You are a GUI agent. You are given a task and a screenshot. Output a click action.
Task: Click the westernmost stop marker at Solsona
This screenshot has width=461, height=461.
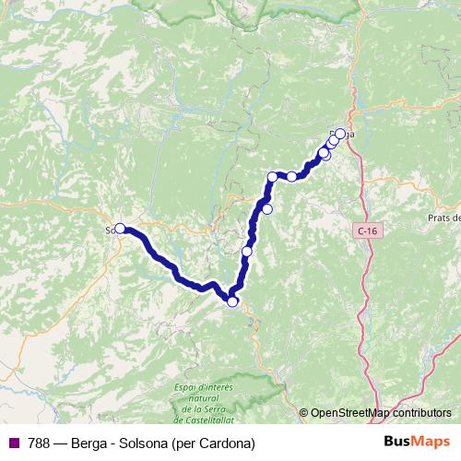pos(120,229)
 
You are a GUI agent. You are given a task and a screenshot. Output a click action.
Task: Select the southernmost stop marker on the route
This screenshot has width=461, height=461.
pos(232,301)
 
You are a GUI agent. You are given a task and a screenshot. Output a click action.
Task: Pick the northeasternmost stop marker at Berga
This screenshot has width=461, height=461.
pos(340,134)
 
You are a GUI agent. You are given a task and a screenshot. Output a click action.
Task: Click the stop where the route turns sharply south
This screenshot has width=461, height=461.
pos(273,176)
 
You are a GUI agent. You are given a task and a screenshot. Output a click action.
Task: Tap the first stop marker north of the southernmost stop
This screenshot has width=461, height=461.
pos(246,252)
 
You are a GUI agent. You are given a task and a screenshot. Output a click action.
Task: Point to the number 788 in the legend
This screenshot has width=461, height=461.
pos(40,443)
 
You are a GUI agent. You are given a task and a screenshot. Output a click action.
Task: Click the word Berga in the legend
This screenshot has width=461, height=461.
pos(93,443)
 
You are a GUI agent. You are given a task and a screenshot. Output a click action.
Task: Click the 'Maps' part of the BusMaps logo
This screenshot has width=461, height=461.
pos(432,443)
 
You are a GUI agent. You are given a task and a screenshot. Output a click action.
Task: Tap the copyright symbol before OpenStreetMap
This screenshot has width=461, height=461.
pos(304,412)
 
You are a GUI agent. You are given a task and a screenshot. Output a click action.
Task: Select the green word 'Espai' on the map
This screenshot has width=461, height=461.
pos(185,386)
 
